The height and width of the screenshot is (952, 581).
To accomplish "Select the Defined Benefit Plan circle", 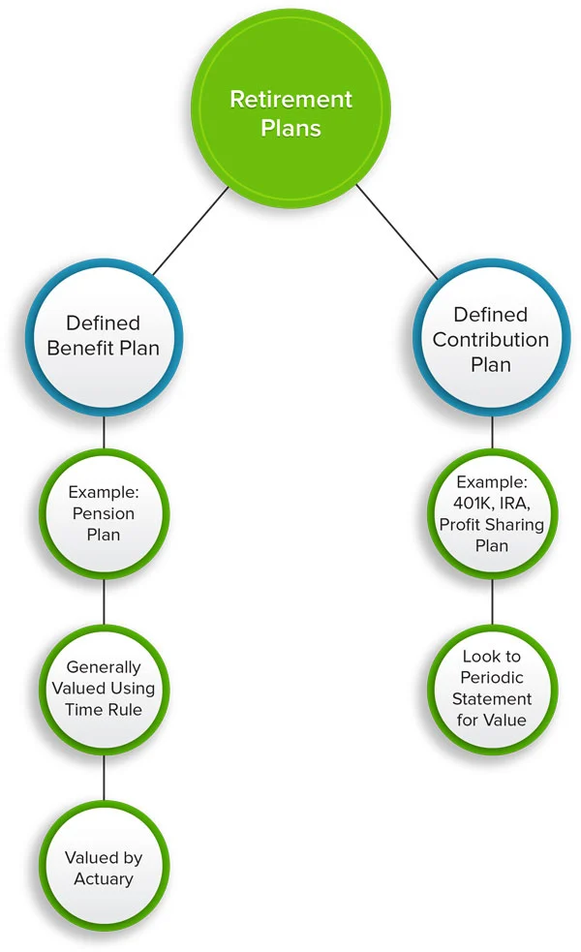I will coord(104,335).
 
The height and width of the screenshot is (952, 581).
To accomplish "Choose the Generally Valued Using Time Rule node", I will coord(104,688).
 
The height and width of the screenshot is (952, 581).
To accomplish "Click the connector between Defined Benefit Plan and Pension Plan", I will coord(104,433).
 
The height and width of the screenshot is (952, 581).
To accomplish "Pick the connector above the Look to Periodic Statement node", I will coord(491,602).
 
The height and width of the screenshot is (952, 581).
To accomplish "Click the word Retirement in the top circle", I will coord(290,99).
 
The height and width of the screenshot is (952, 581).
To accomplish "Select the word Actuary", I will coord(104,878).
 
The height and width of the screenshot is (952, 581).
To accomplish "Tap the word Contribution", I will coord(491,340).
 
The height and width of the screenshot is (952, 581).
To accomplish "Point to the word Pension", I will coord(104,512).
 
